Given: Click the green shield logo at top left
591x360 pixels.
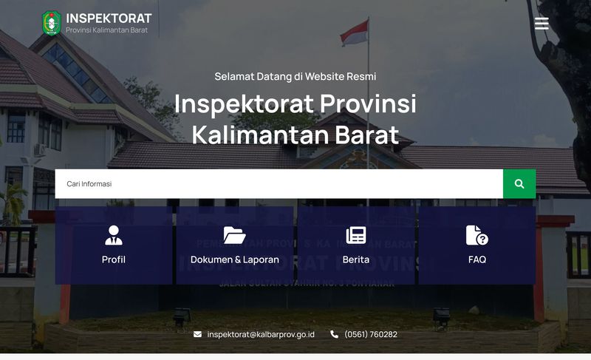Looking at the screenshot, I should pyautogui.click(x=51, y=23).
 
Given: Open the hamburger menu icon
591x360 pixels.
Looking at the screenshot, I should pyautogui.click(x=542, y=24).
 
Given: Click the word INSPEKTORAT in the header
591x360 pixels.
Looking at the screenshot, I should pyautogui.click(x=109, y=18).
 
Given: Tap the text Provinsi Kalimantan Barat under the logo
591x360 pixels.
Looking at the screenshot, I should pyautogui.click(x=106, y=30).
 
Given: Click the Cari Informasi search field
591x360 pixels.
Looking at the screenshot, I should pyautogui.click(x=279, y=184).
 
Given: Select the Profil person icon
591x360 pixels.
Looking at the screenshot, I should pyautogui.click(x=114, y=235).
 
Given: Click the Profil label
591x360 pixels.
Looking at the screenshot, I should pyautogui.click(x=114, y=259).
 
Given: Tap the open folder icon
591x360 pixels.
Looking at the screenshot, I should pyautogui.click(x=234, y=235).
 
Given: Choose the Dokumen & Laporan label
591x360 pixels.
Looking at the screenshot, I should pyautogui.click(x=234, y=259).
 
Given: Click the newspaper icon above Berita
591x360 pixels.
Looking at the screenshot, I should pyautogui.click(x=356, y=235).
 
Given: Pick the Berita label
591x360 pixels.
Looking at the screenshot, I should pyautogui.click(x=356, y=259).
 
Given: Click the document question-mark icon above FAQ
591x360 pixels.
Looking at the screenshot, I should pyautogui.click(x=477, y=235).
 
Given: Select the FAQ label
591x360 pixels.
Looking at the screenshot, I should pyautogui.click(x=477, y=259).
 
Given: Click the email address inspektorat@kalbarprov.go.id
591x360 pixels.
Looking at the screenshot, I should pyautogui.click(x=261, y=334).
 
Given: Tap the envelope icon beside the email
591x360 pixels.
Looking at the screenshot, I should pyautogui.click(x=197, y=334).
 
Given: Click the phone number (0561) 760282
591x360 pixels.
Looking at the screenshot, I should pyautogui.click(x=370, y=334).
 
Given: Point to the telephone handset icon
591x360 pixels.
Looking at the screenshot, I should pyautogui.click(x=334, y=334).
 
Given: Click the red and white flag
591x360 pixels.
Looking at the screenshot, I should pyautogui.click(x=354, y=32).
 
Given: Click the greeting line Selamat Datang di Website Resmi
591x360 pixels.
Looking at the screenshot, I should pyautogui.click(x=295, y=76).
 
